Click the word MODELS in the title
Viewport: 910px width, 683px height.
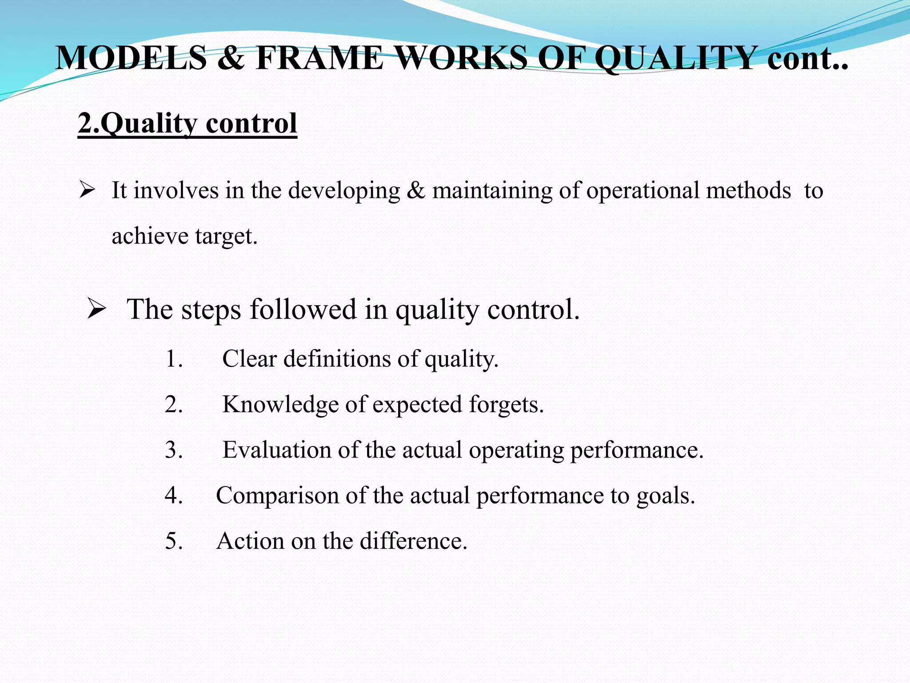(x=132, y=58)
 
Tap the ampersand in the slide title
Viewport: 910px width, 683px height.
(x=231, y=58)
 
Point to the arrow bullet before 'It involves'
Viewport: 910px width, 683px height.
(x=87, y=191)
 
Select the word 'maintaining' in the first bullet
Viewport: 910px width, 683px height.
(x=492, y=191)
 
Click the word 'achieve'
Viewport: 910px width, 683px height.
(x=150, y=236)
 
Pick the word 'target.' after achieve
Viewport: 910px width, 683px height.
(x=227, y=236)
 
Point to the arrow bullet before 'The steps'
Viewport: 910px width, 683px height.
(x=96, y=309)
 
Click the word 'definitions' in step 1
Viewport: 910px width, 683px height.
(x=337, y=359)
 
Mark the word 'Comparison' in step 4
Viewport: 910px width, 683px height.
(x=277, y=495)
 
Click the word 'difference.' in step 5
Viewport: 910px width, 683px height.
(x=413, y=541)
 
